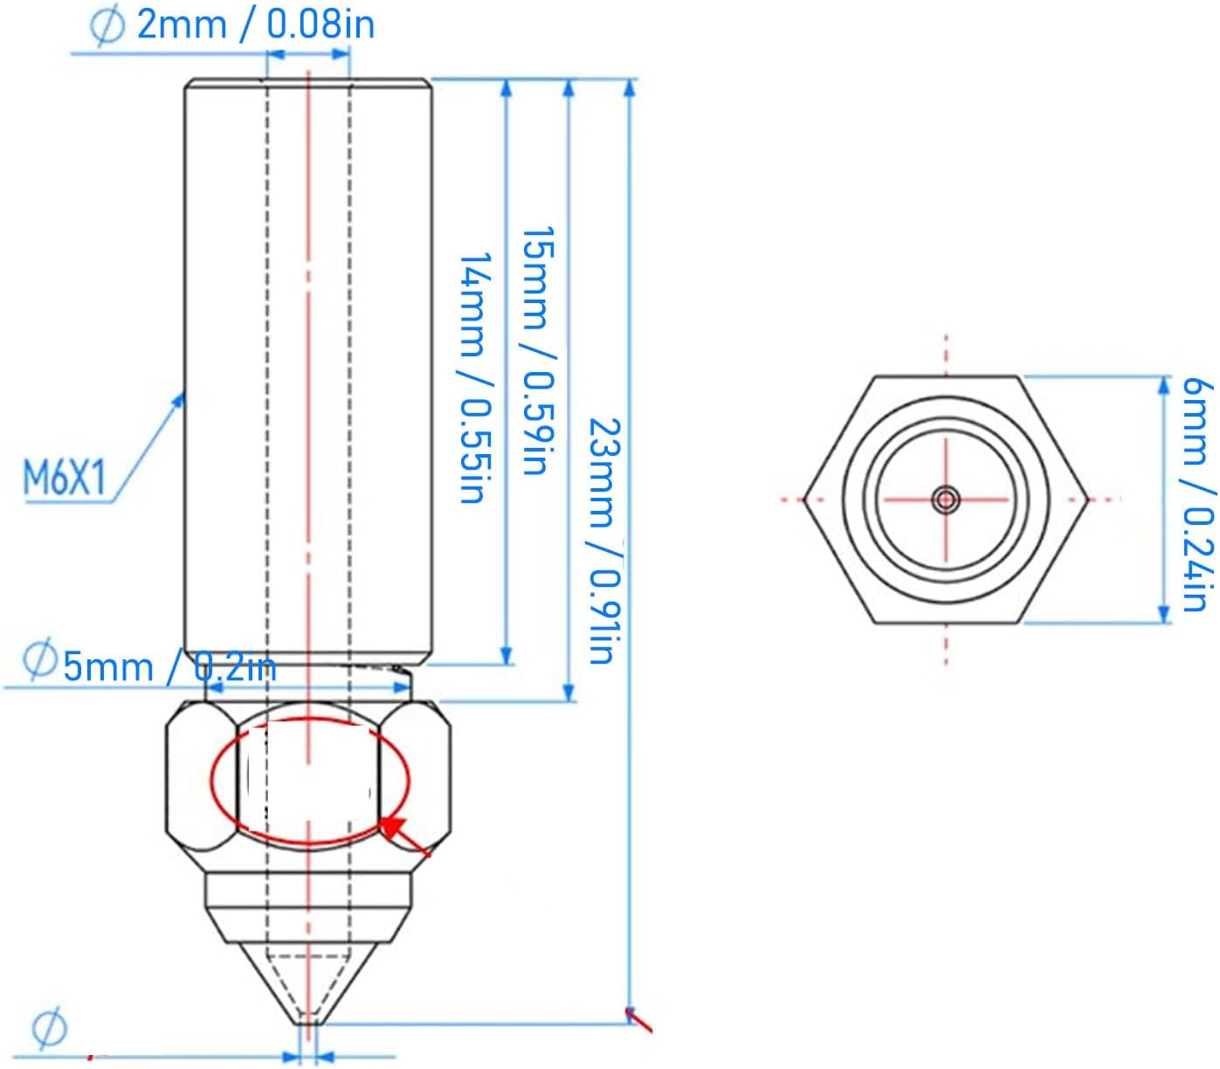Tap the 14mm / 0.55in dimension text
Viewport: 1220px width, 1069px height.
coord(472,377)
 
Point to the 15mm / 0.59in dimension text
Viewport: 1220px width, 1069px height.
coord(537,349)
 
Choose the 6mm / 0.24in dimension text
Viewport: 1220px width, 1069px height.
coord(1197,493)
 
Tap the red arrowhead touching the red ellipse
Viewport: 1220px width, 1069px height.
coord(394,827)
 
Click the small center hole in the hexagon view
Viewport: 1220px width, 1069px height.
coord(946,500)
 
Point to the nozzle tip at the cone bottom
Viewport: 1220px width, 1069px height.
coord(308,1022)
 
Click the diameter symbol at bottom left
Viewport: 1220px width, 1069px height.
coord(49,1028)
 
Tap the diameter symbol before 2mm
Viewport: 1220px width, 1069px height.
coord(107,24)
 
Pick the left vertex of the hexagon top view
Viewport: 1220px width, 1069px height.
coord(805,500)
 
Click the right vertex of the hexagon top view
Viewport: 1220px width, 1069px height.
coord(1088,500)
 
